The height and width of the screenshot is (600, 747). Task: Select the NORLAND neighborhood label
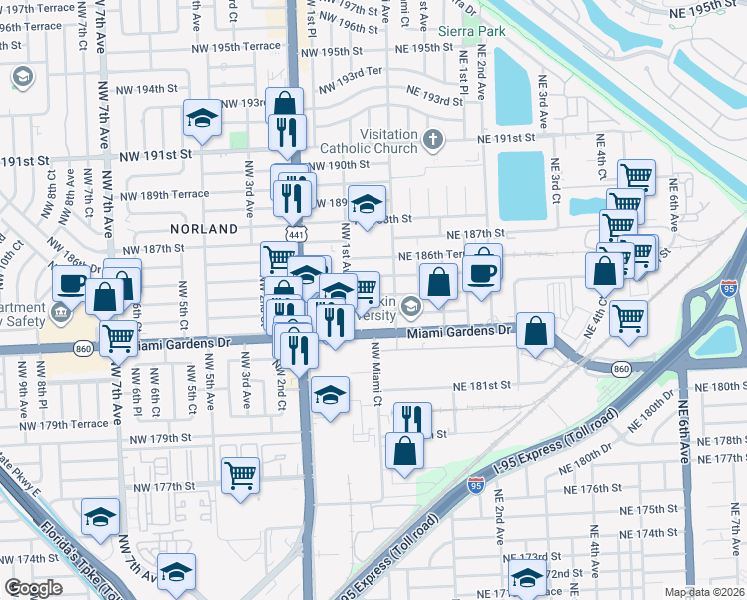coord(204,229)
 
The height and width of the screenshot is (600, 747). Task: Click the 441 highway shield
coord(296,233)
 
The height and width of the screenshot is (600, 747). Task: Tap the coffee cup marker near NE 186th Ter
coord(482,269)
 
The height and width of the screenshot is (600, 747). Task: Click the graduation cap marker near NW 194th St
coord(202,119)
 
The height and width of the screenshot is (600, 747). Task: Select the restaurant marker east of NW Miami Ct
coord(411,418)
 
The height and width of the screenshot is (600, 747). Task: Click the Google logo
coord(33,588)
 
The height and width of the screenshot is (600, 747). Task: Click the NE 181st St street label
coord(481,384)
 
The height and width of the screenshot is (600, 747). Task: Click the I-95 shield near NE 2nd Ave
coord(476,486)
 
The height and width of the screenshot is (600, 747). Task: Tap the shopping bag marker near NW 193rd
coord(285,103)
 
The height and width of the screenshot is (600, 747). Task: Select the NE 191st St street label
coord(514,139)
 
